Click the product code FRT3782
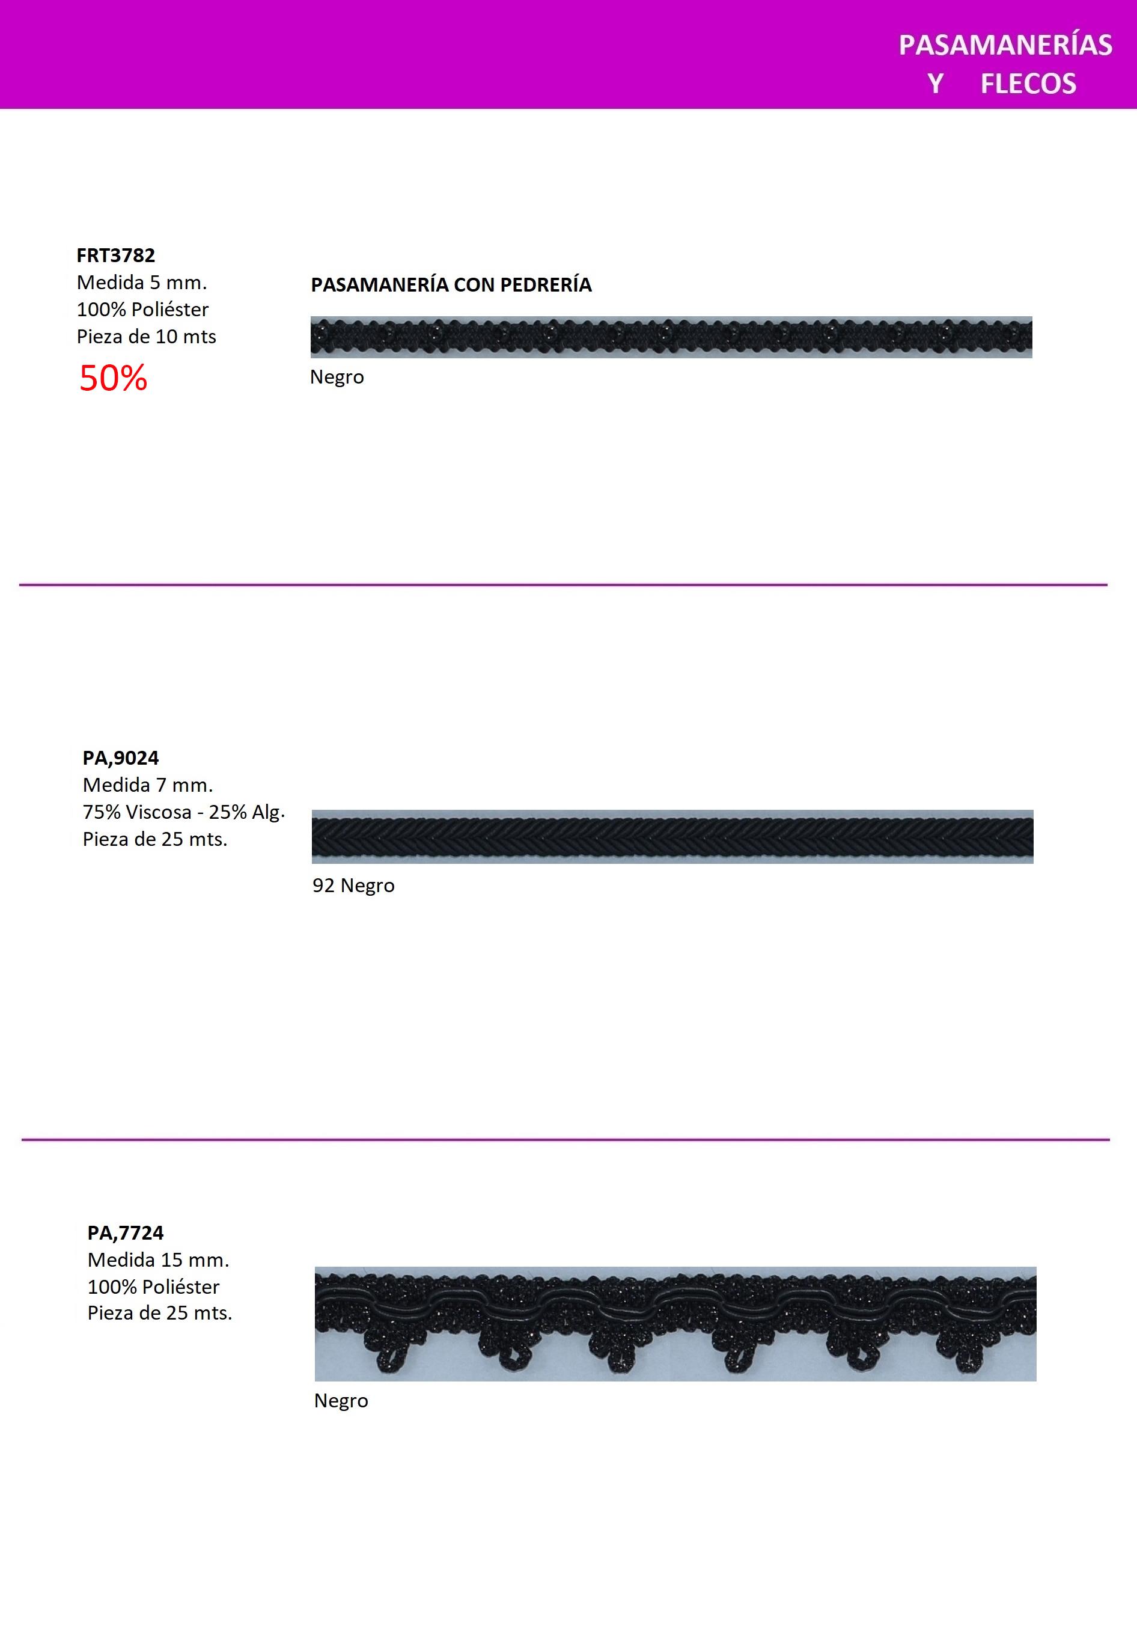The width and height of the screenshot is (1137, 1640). pos(115,255)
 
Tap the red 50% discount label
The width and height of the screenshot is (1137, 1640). pos(112,378)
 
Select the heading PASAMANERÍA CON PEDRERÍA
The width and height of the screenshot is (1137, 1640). pos(451,285)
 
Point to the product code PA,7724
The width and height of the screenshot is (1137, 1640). pos(126,1232)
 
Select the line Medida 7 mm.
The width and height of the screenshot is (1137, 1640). pos(147,785)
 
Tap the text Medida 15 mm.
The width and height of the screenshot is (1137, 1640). pos(158,1259)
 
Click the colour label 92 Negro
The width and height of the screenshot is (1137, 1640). pos(353,885)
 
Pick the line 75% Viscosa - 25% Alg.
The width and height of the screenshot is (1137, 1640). pos(184,812)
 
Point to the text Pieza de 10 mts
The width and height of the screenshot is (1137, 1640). pos(146,337)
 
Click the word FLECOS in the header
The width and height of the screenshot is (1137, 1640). pos(1028,84)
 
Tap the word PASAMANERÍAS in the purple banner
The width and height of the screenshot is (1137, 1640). pos(1005,45)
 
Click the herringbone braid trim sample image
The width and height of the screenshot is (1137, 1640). pos(672,837)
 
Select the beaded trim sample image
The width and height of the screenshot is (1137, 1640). pos(671,337)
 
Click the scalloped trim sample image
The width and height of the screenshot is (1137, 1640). pos(675,1324)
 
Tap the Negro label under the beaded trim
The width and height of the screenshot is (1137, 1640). pos(337,377)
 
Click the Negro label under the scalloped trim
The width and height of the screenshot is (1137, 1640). pos(341,1401)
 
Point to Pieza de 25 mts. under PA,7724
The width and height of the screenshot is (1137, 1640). pos(160,1313)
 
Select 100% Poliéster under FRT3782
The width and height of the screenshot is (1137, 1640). pos(142,310)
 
